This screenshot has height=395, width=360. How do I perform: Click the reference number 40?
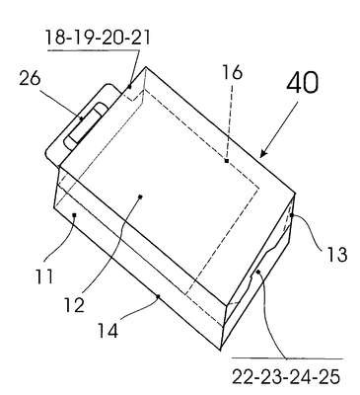[x=303, y=82]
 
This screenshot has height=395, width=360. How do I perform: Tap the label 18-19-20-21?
[x=98, y=38]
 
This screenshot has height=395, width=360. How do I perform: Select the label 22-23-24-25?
[x=286, y=377]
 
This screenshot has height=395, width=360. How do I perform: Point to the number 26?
[x=30, y=79]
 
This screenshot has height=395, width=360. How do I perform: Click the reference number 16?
[x=232, y=72]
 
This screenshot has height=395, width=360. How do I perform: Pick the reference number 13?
[x=337, y=255]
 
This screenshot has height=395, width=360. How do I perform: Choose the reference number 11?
[x=44, y=276]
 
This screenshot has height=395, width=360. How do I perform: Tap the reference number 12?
[x=74, y=304]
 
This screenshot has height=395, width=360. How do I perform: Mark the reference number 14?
[x=108, y=331]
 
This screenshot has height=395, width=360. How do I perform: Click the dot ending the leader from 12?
[x=140, y=197]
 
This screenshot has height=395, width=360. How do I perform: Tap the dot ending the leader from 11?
[x=74, y=215]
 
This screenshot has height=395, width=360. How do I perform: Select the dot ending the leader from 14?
[x=158, y=296]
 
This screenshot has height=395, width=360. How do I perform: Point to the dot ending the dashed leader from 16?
[x=227, y=161]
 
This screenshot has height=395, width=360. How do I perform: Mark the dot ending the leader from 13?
[x=291, y=215]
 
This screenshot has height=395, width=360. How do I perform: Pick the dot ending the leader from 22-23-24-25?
[x=258, y=272]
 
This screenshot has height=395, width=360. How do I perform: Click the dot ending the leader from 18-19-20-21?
[x=129, y=87]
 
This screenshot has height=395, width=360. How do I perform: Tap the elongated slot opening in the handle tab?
[x=86, y=125]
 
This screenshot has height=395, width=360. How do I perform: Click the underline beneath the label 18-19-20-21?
[x=94, y=50]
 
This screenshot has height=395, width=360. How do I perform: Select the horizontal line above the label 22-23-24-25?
[x=288, y=357]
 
